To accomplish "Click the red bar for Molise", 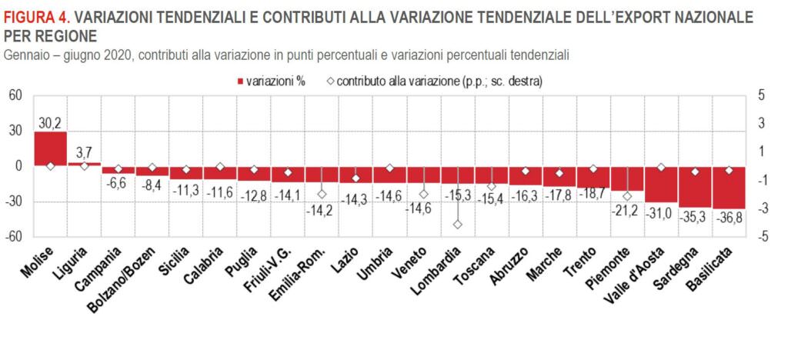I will (50, 148).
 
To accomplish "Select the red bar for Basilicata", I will (729, 187).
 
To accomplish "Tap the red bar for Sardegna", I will (695, 185).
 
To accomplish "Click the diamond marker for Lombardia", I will (457, 224).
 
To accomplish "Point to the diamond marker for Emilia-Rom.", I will (322, 195).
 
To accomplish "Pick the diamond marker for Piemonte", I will (627, 195).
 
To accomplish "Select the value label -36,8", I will (729, 218).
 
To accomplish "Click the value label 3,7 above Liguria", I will (85, 152).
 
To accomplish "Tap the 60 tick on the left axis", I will (16, 95).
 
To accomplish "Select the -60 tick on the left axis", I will (15, 237).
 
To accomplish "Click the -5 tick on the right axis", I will (762, 237).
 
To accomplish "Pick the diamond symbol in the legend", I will (329, 81).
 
